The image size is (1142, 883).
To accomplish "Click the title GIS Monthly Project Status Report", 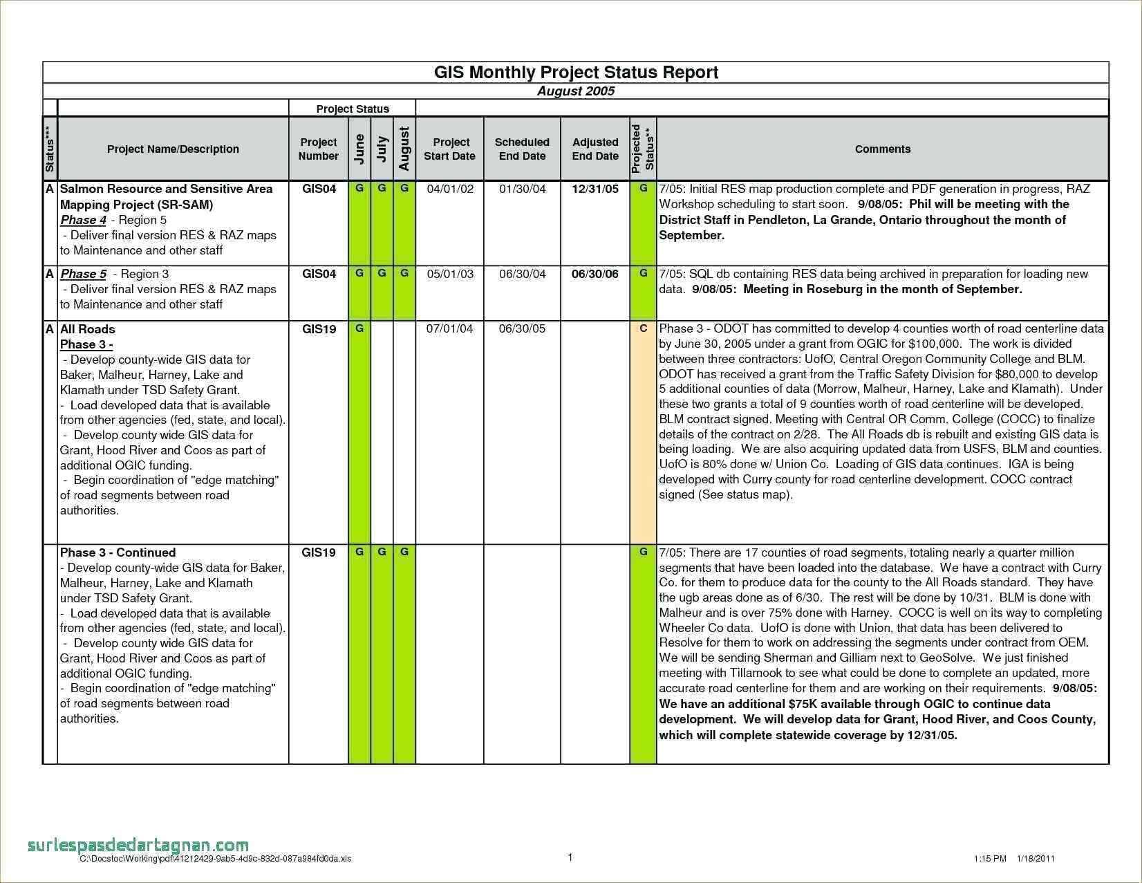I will tap(576, 73).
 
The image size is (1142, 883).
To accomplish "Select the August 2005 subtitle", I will tap(576, 91).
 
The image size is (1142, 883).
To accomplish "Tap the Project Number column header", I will tap(318, 149).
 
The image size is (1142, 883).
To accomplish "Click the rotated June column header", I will tap(359, 149).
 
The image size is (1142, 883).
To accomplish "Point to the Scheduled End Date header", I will tap(522, 149).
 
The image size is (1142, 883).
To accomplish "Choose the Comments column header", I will tap(882, 149).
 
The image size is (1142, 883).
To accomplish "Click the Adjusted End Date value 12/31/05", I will tap(595, 189).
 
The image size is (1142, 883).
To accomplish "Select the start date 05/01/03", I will tap(450, 274).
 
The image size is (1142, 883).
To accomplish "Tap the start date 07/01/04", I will tap(449, 328).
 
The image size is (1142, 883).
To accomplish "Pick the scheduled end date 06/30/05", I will tap(522, 328).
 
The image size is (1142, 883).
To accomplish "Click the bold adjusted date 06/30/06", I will tap(595, 274).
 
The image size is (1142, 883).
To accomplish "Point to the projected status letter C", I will tap(643, 328).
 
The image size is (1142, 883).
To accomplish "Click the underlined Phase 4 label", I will tap(83, 220).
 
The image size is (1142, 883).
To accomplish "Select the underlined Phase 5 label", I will tap(83, 274).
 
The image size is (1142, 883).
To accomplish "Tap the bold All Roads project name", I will tap(88, 329).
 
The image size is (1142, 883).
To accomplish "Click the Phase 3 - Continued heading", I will tap(118, 552).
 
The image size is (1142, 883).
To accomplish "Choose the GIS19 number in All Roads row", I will tap(319, 329).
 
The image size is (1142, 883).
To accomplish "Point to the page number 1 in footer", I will tap(570, 857).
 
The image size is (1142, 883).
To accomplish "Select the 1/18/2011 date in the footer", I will tap(1036, 859).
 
